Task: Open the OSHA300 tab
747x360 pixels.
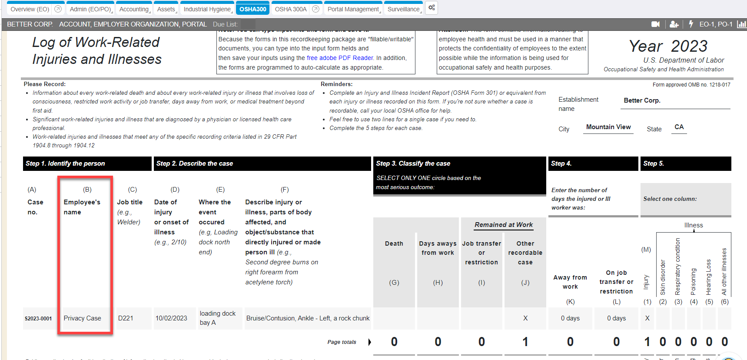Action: (252, 9)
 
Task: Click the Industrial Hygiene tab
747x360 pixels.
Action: (207, 9)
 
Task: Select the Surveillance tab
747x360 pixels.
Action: (403, 9)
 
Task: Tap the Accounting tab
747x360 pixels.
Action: (134, 9)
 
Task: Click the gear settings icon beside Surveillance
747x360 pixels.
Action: (432, 8)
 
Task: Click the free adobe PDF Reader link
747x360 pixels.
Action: (340, 58)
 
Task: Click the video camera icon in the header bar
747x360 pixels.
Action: (655, 24)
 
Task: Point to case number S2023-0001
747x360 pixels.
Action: (38, 319)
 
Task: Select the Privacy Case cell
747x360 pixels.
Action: (82, 318)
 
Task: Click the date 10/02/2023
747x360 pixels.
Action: (171, 318)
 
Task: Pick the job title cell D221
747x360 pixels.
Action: (126, 318)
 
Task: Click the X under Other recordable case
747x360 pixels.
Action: (525, 318)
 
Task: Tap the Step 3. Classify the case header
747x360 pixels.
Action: (413, 163)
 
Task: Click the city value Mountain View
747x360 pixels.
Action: (608, 127)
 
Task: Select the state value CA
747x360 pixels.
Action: (679, 127)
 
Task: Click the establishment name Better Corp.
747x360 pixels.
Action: (642, 100)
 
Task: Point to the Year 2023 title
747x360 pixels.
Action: (668, 46)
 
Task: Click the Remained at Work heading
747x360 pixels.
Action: (503, 225)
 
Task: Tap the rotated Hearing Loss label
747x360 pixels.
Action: (708, 277)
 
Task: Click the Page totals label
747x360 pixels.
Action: (342, 342)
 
